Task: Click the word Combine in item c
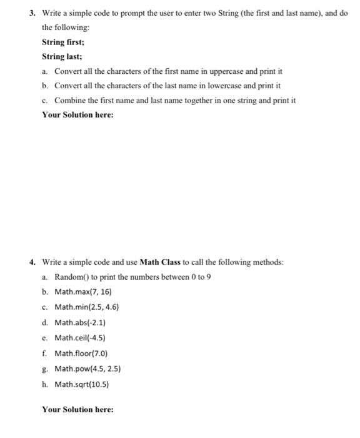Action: pyautogui.click(x=70, y=100)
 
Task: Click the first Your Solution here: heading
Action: pyautogui.click(x=77, y=115)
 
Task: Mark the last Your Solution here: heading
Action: pyautogui.click(x=77, y=409)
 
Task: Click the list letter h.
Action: pyautogui.click(x=45, y=384)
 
